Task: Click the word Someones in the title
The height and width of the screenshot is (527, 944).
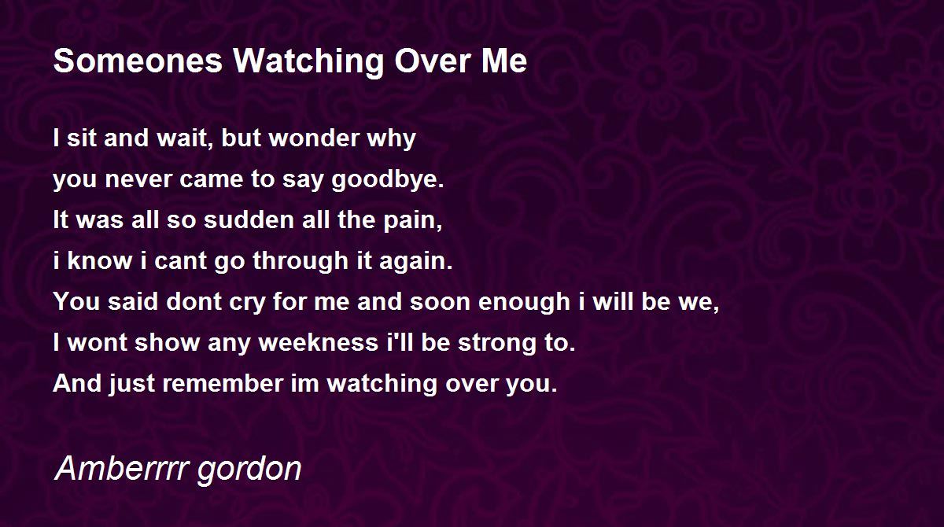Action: pos(138,61)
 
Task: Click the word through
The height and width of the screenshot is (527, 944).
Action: pos(301,262)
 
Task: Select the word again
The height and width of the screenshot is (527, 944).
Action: pos(415,262)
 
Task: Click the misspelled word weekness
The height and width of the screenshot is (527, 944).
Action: pos(319,342)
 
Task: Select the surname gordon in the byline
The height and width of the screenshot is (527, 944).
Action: pos(249,471)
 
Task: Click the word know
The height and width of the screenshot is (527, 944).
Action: pos(99,260)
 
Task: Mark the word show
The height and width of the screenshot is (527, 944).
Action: pos(168,342)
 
